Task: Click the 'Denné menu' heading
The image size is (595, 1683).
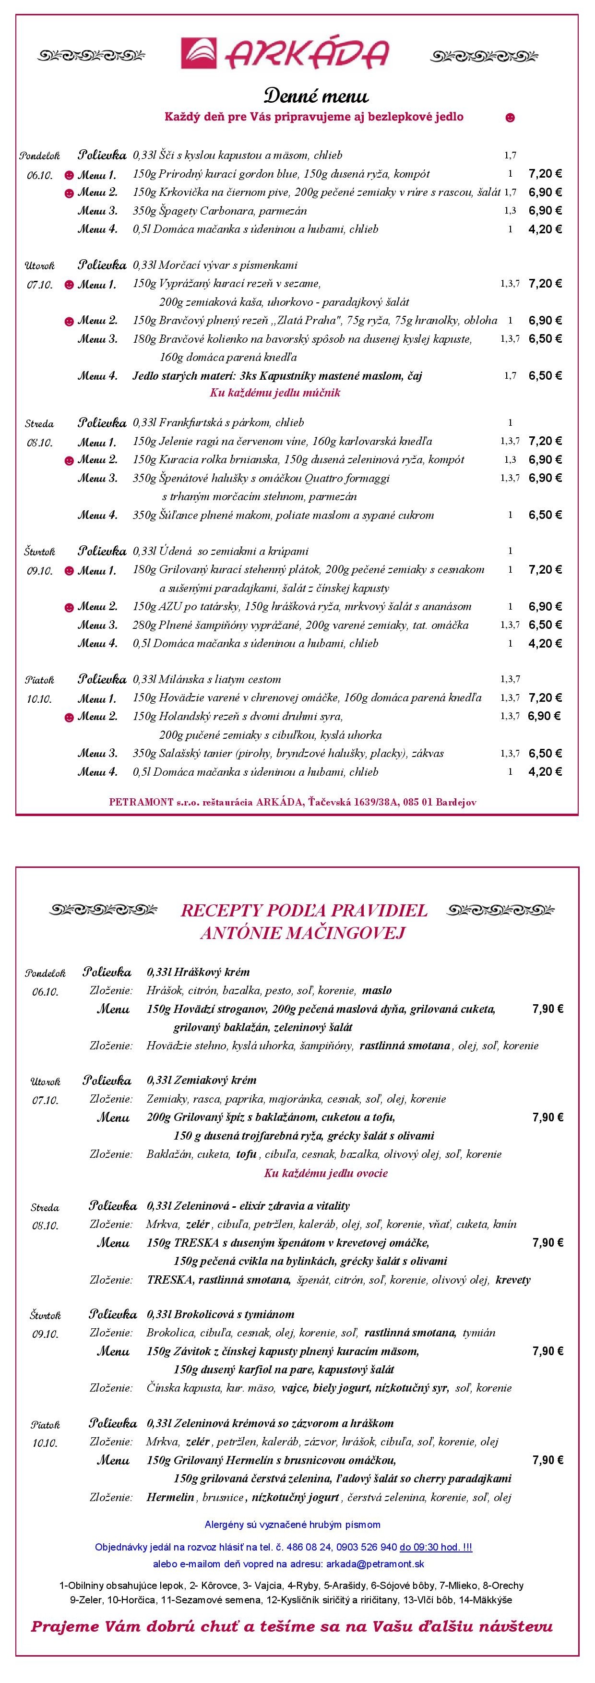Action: tap(316, 96)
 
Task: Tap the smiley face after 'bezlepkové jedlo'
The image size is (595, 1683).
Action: tap(510, 118)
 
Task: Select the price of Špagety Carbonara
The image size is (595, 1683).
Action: tap(545, 210)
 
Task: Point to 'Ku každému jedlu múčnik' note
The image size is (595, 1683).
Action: tap(274, 393)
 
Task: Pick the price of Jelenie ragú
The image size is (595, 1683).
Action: tap(545, 441)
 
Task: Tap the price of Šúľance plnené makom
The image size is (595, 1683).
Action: tap(545, 515)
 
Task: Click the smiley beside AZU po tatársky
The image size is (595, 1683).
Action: tap(69, 608)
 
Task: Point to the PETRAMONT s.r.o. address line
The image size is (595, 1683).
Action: tap(293, 802)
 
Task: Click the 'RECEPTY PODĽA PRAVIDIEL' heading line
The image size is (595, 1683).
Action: tap(304, 910)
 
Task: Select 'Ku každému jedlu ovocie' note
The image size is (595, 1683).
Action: tap(325, 1173)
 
